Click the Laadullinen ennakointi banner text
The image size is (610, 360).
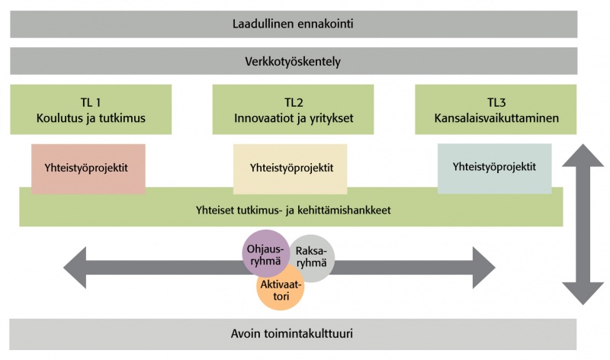[x=293, y=24]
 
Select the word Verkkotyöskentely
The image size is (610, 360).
[x=293, y=61]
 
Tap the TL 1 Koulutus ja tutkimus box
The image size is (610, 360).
[x=90, y=109]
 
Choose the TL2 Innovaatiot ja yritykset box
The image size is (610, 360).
[x=293, y=109]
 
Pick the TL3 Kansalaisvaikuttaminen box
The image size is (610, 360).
[x=496, y=109]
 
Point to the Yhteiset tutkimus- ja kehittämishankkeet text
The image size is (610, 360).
[x=293, y=207]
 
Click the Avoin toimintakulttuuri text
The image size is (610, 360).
[x=293, y=334]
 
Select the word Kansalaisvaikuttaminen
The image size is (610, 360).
[x=496, y=118]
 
